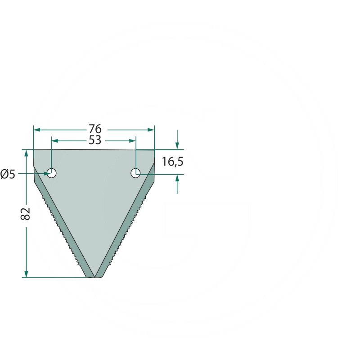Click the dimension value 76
point(95,129)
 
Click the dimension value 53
point(95,140)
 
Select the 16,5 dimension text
point(173,162)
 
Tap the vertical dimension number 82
point(26,214)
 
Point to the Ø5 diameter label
point(8,174)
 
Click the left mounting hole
point(52,173)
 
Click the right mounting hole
point(135,173)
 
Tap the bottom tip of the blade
point(94,277)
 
